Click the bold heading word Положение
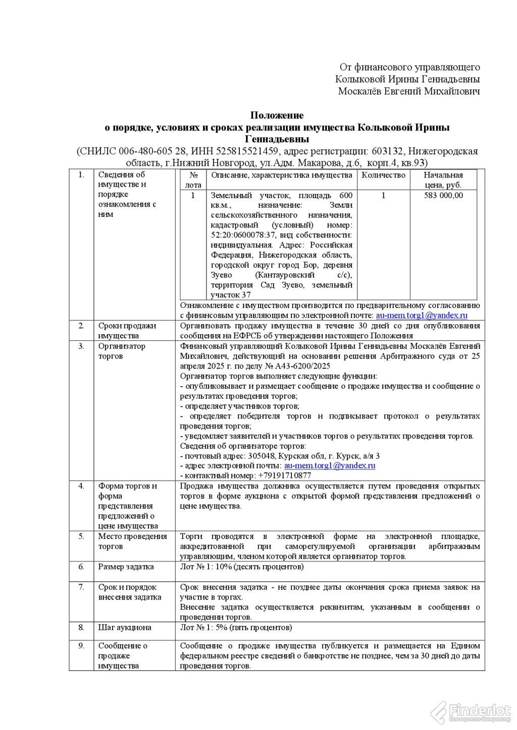point(277,115)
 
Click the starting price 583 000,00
point(443,196)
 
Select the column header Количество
point(384,175)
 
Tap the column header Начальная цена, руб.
point(443,180)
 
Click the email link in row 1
point(422,316)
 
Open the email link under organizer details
point(329,466)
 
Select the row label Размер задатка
point(126,567)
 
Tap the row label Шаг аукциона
point(125,628)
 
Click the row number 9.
point(81,646)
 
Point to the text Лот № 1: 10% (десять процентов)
point(242,567)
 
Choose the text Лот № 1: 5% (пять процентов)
point(236,628)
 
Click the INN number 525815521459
point(248,151)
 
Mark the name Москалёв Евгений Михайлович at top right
point(409,91)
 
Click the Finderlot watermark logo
point(470,712)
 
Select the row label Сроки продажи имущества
point(127,331)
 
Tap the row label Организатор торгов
point(122,351)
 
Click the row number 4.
point(81,486)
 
